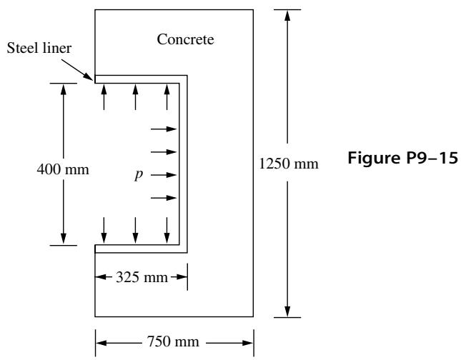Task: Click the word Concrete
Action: click(x=185, y=39)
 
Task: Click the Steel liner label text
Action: click(x=39, y=48)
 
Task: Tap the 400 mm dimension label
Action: click(x=63, y=169)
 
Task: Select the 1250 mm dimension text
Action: click(x=289, y=164)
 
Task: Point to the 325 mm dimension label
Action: click(x=142, y=277)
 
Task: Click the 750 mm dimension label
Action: click(x=173, y=341)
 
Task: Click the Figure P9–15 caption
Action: click(x=402, y=158)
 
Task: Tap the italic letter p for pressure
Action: click(x=139, y=175)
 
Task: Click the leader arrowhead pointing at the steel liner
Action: click(x=89, y=77)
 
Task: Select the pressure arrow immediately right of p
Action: click(x=164, y=175)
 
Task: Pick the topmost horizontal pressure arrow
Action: click(x=164, y=129)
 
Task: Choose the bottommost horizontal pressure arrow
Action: click(x=164, y=198)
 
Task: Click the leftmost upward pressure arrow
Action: click(x=104, y=97)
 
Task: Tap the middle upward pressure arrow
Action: click(x=135, y=97)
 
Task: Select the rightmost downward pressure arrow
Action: click(x=167, y=231)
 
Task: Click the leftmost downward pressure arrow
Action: click(x=104, y=231)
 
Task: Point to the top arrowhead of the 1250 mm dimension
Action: click(x=287, y=15)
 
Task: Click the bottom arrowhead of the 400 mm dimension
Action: click(x=63, y=239)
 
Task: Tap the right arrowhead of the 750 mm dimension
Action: click(x=247, y=343)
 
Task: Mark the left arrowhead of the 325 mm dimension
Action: click(x=101, y=277)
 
